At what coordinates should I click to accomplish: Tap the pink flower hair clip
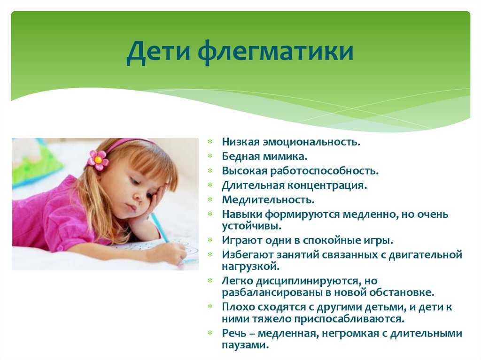pyautogui.click(x=98, y=160)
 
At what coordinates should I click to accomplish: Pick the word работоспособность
pyautogui.click(x=324, y=171)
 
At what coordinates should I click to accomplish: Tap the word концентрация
pyautogui.click(x=327, y=186)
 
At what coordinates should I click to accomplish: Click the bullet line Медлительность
pyautogui.click(x=268, y=200)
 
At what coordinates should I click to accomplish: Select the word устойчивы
pyautogui.click(x=252, y=226)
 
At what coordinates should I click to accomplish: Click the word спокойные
pyautogui.click(x=332, y=240)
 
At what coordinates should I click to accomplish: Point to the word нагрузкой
pyautogui.click(x=251, y=267)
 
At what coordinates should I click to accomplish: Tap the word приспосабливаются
pyautogui.click(x=349, y=319)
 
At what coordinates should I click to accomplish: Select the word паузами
pyautogui.click(x=245, y=345)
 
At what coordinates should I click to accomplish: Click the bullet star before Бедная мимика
pyautogui.click(x=210, y=156)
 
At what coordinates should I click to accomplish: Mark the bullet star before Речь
pyautogui.click(x=210, y=333)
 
